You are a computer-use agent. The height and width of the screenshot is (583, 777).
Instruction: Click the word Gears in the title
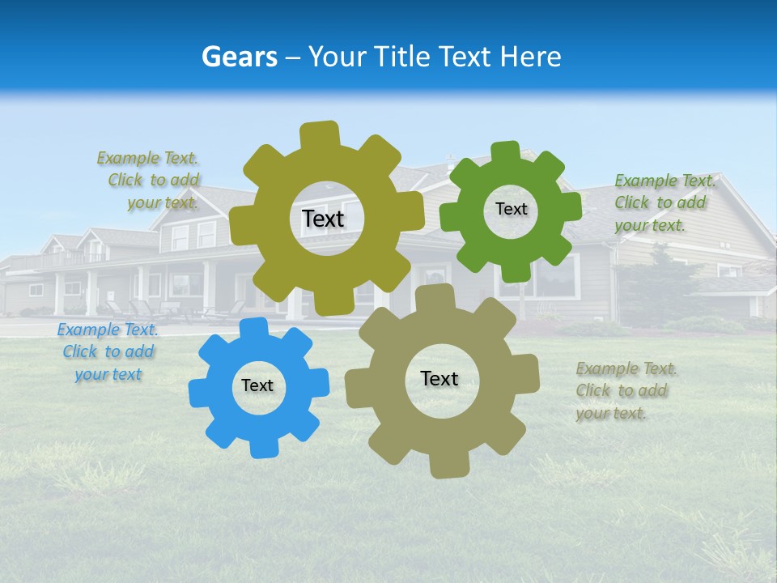[x=240, y=57]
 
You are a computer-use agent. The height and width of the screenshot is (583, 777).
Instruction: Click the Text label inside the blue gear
[x=257, y=386]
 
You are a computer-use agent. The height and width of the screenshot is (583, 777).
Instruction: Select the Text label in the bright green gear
[x=511, y=209]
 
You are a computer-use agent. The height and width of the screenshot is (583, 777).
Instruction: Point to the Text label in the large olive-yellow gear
[x=323, y=219]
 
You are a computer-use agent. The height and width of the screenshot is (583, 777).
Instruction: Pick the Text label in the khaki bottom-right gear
[x=439, y=378]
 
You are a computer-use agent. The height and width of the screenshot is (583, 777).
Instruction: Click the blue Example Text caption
[x=107, y=352]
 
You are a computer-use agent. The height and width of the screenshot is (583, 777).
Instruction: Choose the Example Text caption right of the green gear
[x=664, y=202]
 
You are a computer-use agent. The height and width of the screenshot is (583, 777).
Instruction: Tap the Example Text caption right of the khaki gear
[x=626, y=390]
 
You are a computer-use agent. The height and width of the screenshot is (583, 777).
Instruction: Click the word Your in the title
[x=338, y=57]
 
